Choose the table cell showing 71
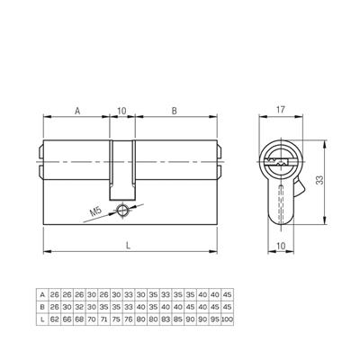tap(103, 317)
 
